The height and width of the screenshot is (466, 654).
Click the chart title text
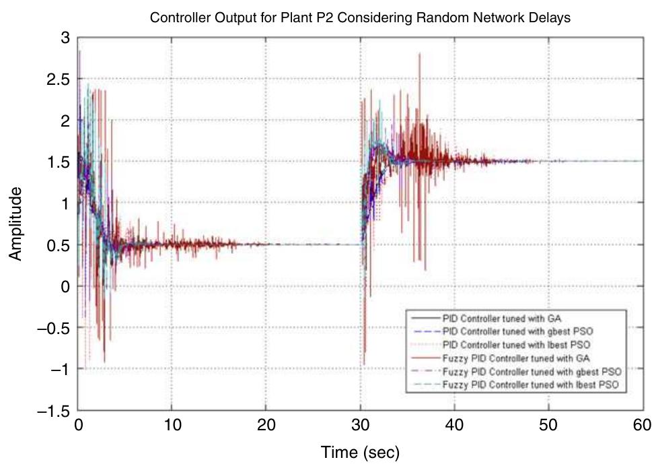tap(360, 18)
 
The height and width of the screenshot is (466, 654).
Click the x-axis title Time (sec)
tap(360, 453)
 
